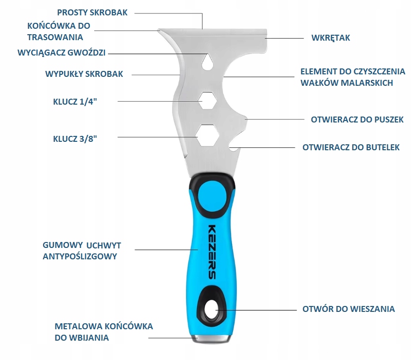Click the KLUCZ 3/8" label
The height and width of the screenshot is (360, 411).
74,139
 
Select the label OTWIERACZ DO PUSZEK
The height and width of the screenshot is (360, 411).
357,120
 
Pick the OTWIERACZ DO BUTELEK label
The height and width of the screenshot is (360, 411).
351,147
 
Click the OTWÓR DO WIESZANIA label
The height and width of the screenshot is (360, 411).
349,309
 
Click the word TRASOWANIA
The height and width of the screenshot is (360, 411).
55,37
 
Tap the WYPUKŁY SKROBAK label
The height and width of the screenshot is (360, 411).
84,74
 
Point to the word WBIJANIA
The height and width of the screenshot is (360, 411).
89,338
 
